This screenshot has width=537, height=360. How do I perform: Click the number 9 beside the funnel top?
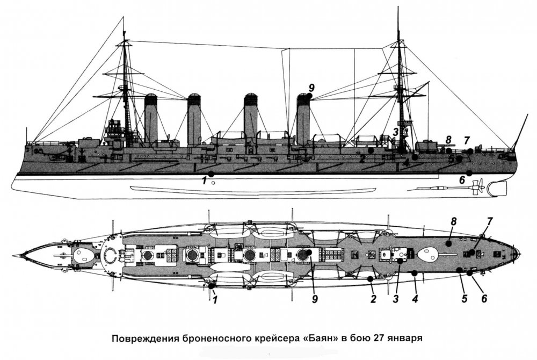(311, 88)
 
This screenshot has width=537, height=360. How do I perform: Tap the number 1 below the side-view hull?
(205, 181)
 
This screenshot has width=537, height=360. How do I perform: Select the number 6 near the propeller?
(462, 180)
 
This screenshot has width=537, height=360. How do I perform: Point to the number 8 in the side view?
(448, 140)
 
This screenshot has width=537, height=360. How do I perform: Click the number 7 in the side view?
(467, 140)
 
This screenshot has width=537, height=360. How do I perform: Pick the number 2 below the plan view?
(373, 299)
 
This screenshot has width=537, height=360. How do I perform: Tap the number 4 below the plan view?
(415, 299)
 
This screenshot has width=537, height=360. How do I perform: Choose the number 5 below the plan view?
(465, 299)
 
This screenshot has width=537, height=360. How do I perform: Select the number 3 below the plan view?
(396, 299)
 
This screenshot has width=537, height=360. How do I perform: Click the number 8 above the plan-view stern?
(454, 221)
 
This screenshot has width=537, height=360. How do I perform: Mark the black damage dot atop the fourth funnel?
(310, 96)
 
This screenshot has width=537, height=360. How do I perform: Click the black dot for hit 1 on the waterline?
(211, 174)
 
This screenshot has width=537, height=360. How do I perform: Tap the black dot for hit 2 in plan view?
(370, 279)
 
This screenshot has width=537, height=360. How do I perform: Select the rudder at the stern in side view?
(497, 189)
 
